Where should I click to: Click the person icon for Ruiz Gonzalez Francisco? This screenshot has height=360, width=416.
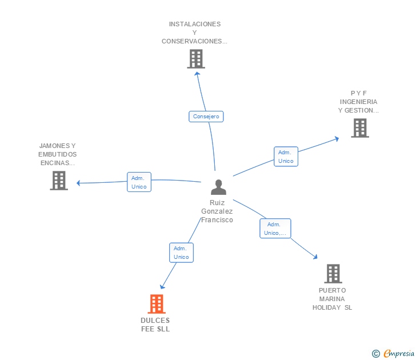point(218,187)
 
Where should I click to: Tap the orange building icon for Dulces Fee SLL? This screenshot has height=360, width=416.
point(157,304)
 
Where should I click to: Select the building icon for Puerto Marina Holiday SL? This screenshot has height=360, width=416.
point(333,274)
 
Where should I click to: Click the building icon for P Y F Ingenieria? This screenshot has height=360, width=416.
point(359,128)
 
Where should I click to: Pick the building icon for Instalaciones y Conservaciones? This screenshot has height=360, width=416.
point(195,59)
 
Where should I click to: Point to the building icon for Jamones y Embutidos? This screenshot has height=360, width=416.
point(58,181)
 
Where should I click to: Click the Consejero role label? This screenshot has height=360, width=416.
point(206,117)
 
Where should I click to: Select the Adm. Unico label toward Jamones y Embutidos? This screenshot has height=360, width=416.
point(138,182)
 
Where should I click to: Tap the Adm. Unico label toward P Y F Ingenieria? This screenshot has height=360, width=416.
point(286,157)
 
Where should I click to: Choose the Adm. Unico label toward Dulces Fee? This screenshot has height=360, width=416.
point(181,253)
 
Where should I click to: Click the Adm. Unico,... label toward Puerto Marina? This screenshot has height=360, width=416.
point(275,229)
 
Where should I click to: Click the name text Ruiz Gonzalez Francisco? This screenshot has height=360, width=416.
point(217,211)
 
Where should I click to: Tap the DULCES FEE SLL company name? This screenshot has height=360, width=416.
point(155,325)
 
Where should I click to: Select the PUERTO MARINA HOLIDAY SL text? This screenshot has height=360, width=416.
point(333,299)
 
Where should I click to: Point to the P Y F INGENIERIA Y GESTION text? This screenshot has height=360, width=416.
point(358,102)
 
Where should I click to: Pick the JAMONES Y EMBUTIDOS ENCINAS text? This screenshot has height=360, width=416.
point(58,154)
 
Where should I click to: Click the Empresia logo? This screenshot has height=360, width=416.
point(398,354)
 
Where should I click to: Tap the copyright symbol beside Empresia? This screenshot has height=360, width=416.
point(376,354)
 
